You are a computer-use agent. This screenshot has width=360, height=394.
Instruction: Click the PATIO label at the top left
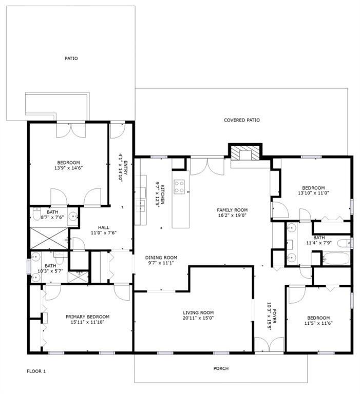pos(71,58)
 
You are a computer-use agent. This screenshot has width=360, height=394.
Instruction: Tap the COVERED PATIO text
pos(241,120)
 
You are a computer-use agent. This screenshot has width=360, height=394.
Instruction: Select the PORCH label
pos(221,368)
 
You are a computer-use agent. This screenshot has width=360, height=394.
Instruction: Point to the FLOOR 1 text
pos(36,370)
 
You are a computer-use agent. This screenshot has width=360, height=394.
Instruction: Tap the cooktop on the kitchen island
pos(180,187)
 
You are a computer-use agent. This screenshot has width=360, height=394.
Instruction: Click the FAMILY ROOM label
pos(232,210)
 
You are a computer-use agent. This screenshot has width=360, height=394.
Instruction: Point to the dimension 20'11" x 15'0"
pos(198,318)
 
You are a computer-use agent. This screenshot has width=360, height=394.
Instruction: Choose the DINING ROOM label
pos(161,258)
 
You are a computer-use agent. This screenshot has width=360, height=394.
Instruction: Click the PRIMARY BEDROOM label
pos(87,317)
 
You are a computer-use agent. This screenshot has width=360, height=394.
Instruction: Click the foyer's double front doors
pos(269,345)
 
